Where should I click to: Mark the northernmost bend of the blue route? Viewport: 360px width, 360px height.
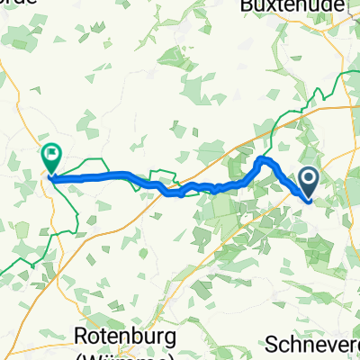[x=263, y=159]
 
